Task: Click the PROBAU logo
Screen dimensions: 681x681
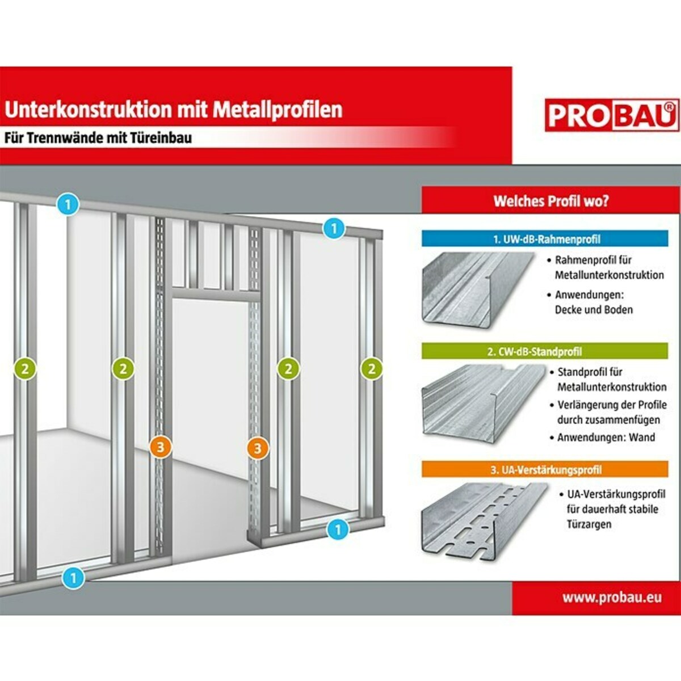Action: point(612,115)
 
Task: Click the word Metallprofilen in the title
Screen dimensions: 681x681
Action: point(278,109)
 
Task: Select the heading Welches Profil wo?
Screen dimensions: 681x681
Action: point(550,201)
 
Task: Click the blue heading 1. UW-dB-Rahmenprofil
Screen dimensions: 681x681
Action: point(545,239)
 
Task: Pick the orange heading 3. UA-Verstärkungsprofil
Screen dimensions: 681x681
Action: point(545,470)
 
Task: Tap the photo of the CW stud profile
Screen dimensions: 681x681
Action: point(481,400)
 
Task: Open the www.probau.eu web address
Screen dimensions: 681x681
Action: point(612,597)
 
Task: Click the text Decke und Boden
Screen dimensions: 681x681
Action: point(593,310)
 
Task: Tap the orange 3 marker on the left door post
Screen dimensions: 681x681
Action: point(160,447)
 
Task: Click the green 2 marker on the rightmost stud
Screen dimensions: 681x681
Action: point(371,369)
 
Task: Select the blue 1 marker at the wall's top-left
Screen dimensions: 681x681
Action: point(68,204)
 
